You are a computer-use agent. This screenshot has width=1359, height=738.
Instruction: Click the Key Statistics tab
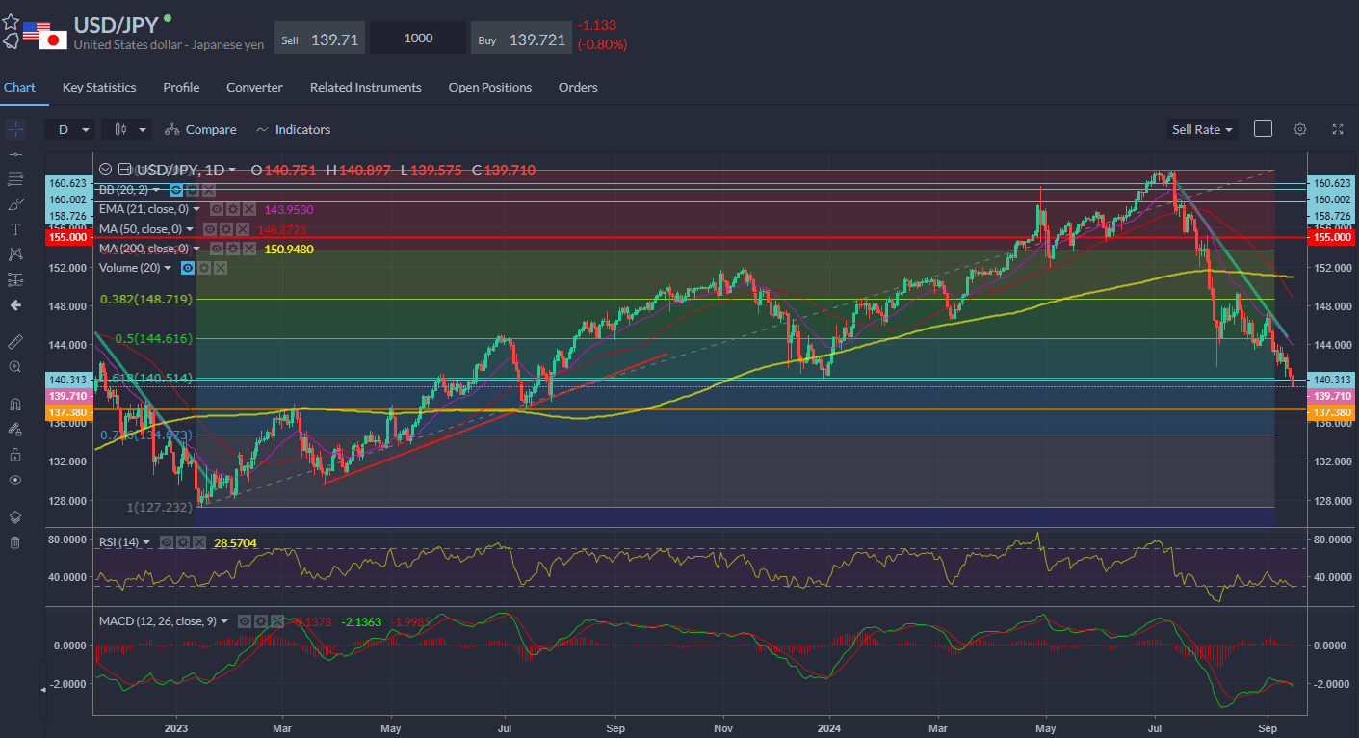[x=99, y=87]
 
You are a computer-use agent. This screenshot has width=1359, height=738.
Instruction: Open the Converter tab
[x=254, y=87]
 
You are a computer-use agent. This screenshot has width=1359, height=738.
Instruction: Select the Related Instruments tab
[x=365, y=87]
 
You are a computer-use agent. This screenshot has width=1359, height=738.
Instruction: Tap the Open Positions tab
[x=489, y=87]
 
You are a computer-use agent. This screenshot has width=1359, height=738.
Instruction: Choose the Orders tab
[x=578, y=87]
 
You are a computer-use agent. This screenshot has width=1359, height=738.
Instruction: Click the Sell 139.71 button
[x=320, y=39]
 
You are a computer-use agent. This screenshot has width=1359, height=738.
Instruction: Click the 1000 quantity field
[x=418, y=39]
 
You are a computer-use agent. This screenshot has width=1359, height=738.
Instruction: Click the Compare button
[x=200, y=129]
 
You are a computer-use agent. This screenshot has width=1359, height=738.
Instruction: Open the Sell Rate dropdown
[x=1202, y=129]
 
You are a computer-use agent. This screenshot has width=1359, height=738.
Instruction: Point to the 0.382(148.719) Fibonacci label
[x=146, y=300]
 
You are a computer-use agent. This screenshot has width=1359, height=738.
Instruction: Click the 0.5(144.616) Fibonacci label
[x=154, y=338]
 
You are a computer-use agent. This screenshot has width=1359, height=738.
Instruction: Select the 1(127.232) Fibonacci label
[x=161, y=507]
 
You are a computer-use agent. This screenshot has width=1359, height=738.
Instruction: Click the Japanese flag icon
[x=54, y=40]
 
